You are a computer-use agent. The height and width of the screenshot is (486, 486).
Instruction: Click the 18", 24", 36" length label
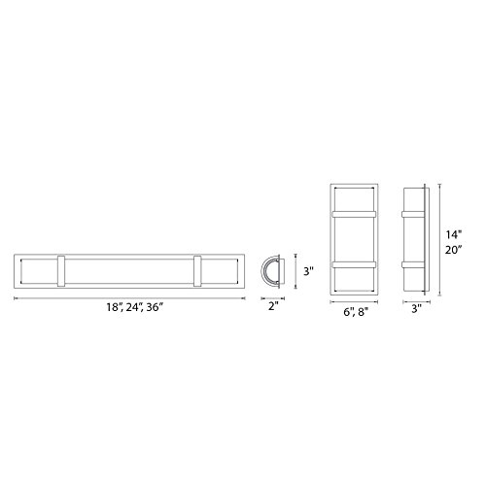point(134,307)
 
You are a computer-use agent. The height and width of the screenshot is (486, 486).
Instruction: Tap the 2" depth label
point(274,306)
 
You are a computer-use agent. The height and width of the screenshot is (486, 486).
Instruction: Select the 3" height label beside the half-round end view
point(308,271)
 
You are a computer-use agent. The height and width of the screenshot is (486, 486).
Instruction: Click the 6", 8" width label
point(356,312)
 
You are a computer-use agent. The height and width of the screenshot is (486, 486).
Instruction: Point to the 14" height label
point(453,234)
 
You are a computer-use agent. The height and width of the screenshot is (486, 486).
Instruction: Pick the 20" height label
point(453,250)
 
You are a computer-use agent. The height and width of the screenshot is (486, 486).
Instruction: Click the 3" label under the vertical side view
point(417,308)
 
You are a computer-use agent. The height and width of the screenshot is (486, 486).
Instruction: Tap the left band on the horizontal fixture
point(61,271)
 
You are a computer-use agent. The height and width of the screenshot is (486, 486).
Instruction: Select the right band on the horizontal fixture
point(197,271)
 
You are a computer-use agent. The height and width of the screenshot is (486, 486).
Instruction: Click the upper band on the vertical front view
point(354,214)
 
